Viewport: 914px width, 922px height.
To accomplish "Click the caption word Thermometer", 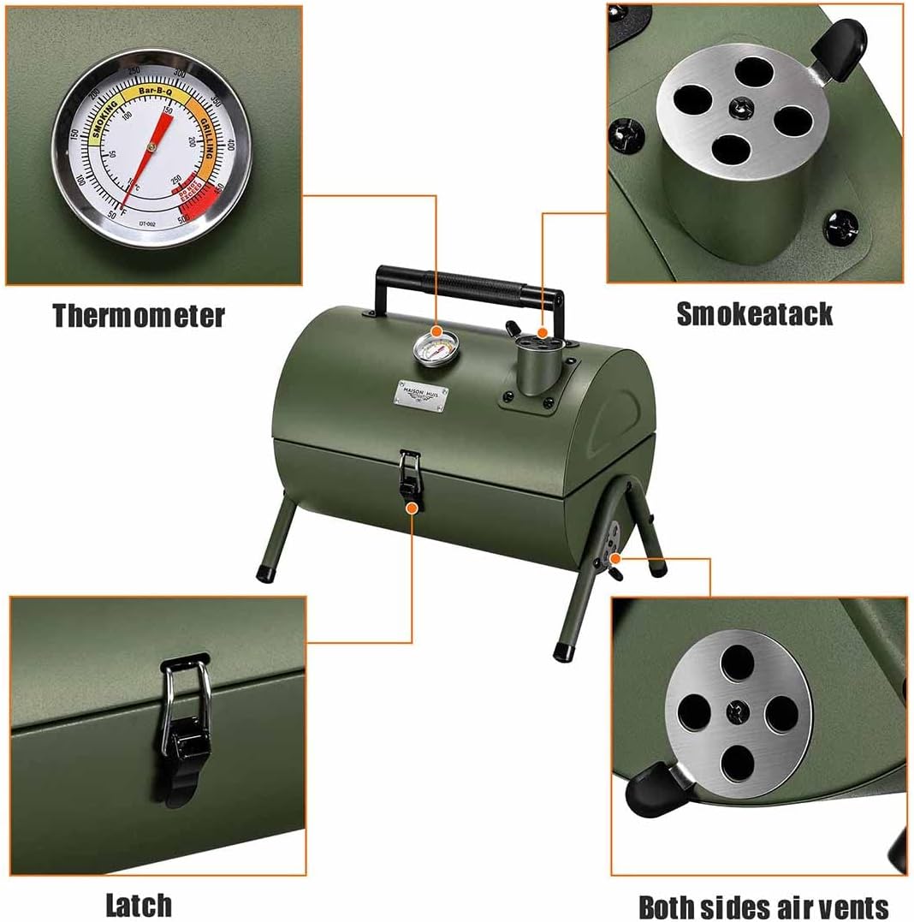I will pos(139,315).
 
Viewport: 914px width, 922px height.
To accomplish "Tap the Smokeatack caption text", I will pos(754,313).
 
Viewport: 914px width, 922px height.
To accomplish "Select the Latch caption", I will pos(139,904).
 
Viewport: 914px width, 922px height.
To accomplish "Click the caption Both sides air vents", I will pos(763,907).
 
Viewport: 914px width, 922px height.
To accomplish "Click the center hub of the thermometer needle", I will pos(151,147).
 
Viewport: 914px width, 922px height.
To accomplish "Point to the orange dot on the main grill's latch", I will pos(412,507).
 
